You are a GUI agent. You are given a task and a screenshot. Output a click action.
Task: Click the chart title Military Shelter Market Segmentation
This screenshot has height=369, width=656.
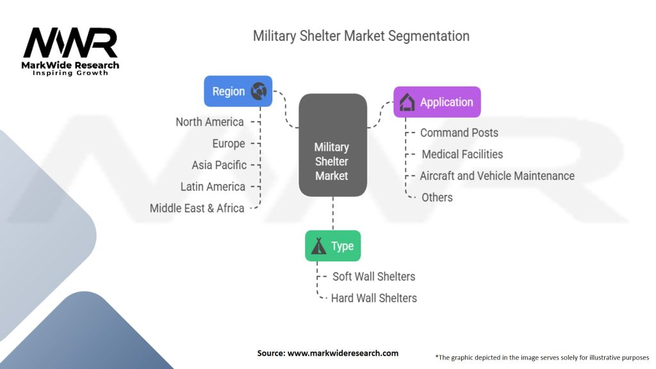point(361,36)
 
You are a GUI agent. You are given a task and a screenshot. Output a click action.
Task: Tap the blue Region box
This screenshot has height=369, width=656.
point(238,91)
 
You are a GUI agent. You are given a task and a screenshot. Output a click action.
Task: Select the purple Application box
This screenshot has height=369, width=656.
point(436,102)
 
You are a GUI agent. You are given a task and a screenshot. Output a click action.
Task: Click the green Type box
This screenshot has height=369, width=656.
point(332,246)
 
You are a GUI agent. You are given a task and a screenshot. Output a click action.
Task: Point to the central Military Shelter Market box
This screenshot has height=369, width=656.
point(332,145)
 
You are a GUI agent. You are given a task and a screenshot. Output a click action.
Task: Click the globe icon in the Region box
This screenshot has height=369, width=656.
point(259,91)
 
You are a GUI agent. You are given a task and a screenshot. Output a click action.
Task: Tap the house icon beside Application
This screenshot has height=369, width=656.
point(407,102)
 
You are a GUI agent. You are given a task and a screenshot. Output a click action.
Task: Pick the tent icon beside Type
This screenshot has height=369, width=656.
point(318,247)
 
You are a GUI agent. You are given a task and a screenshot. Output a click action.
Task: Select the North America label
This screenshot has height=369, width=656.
point(209,122)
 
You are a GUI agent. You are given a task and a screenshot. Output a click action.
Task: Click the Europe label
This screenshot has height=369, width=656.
point(229,143)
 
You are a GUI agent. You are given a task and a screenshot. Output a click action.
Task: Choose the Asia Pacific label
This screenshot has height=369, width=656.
point(219,165)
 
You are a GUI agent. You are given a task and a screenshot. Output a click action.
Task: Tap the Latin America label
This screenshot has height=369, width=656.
point(213,186)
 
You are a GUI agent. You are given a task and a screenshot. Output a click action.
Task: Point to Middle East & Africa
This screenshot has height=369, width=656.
point(197,208)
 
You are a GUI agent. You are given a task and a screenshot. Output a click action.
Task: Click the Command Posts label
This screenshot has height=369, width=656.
point(459,133)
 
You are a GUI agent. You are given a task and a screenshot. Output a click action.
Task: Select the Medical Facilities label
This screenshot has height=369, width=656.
point(462,154)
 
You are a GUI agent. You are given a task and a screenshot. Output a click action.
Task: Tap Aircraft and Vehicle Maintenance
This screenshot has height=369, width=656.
point(497,176)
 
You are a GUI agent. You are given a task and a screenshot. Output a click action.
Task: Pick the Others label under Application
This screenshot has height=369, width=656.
point(437,197)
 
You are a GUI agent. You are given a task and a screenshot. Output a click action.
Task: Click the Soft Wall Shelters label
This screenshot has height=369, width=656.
point(373,276)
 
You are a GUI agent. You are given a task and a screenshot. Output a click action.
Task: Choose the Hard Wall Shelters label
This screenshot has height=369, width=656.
point(373,298)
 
